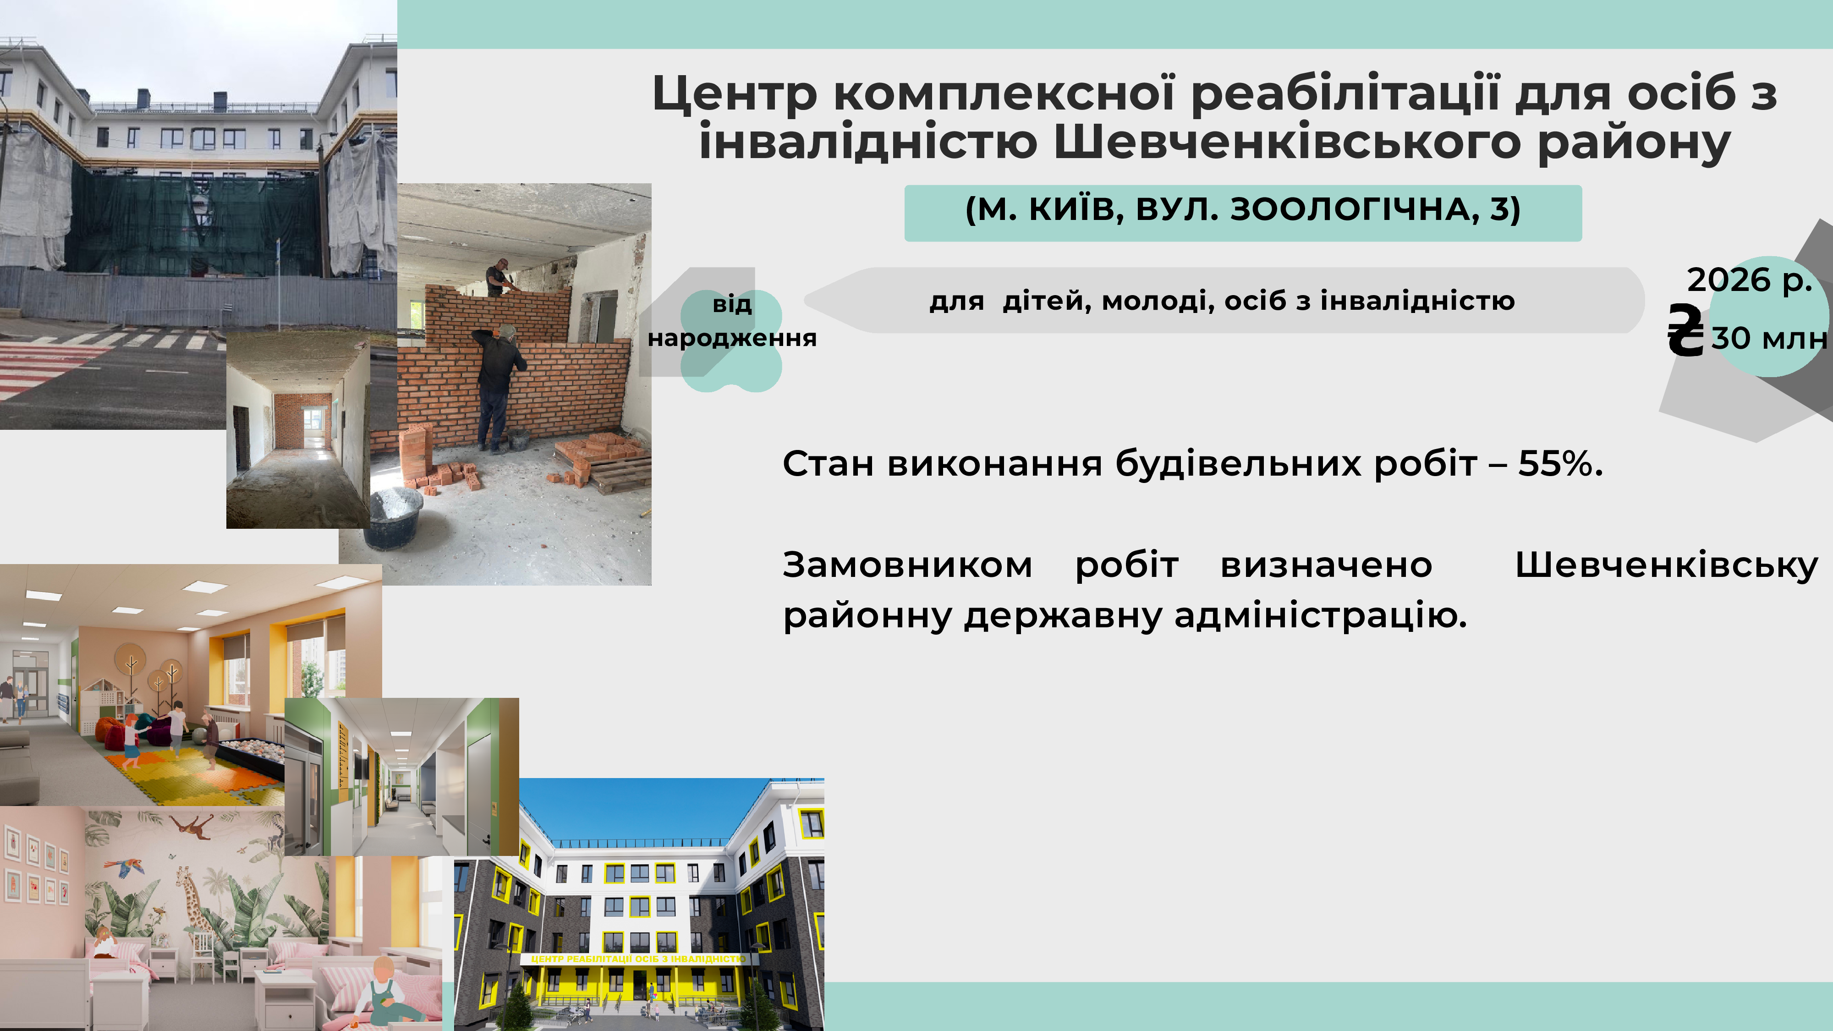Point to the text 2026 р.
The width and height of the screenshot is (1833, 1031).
coord(1750,280)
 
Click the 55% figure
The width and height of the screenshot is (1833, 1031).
coord(1560,463)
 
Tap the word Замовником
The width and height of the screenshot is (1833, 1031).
coord(907,565)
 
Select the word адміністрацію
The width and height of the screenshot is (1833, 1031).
coord(1321,615)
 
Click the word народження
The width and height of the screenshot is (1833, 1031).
coord(732,339)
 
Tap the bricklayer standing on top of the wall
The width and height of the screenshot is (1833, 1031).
coord(501,278)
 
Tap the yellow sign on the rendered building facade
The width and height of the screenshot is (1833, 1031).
coord(638,959)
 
